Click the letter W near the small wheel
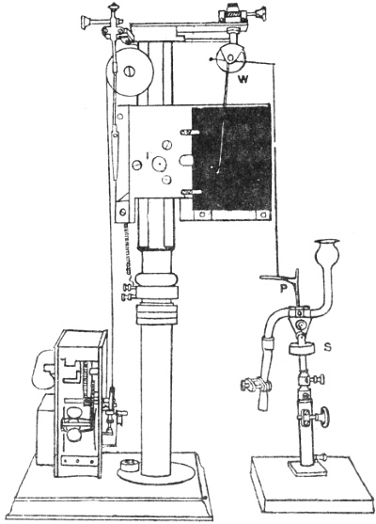click(243, 79)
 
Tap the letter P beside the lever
click(284, 289)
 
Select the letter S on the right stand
click(327, 347)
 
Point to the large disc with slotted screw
click(130, 71)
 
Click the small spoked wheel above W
click(230, 57)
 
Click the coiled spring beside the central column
click(127, 248)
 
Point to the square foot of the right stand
click(302, 466)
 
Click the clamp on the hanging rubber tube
click(257, 385)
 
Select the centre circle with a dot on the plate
click(159, 164)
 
